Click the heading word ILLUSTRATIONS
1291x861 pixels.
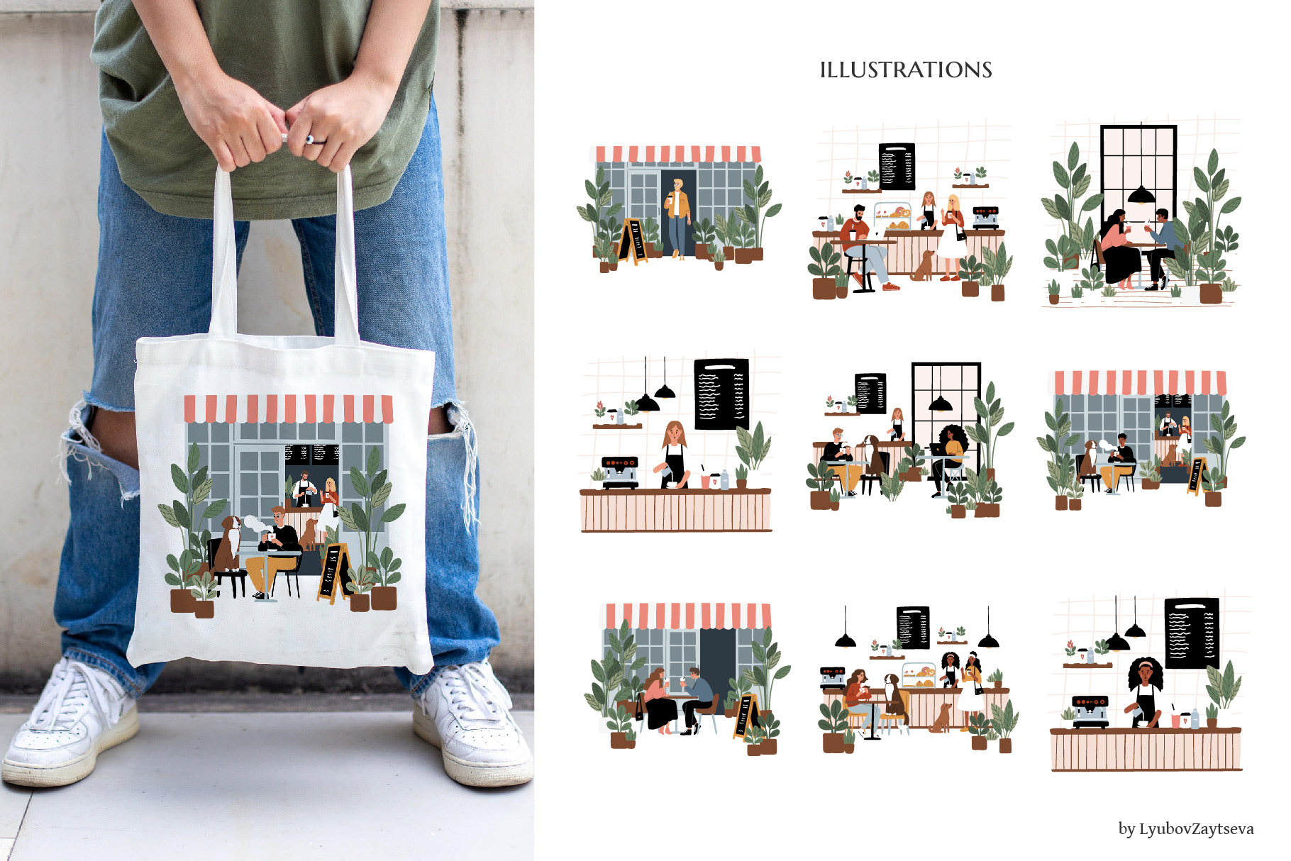coord(906,70)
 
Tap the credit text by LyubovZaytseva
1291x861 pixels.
coord(1186,828)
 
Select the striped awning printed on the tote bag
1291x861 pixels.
coord(288,409)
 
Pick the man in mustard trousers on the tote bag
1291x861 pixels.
coord(273,552)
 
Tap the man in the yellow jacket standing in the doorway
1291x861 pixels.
coord(678,217)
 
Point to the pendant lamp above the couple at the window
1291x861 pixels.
coord(1141,194)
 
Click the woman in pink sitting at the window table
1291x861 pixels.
coord(1119,249)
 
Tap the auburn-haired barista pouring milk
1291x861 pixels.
coord(673,455)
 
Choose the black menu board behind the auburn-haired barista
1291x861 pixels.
coord(721,394)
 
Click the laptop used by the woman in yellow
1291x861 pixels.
coord(938,450)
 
